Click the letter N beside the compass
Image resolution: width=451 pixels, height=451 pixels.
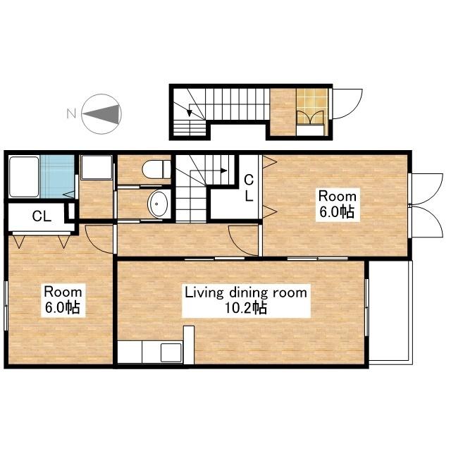(71, 113)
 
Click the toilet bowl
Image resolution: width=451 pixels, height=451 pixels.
(156, 169)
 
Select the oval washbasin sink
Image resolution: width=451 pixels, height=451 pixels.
(158, 204)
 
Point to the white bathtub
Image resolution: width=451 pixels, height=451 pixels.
(24, 177)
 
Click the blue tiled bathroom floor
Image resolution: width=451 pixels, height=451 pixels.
(57, 177)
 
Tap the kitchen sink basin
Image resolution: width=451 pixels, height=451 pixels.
(171, 352)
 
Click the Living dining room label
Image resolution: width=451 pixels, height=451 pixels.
(246, 293)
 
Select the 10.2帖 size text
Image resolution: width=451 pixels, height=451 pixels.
(246, 308)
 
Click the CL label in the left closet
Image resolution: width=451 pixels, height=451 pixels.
(42, 216)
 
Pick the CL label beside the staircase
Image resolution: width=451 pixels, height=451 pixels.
(249, 188)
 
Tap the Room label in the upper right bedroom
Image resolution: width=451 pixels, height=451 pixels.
(338, 197)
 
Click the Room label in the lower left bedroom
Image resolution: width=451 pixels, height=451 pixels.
(63, 292)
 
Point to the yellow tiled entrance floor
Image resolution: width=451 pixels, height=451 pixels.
(312, 106)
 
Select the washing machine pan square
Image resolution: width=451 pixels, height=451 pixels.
(97, 168)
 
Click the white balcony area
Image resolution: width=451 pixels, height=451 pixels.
(390, 312)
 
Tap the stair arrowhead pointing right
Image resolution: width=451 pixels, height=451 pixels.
(224, 171)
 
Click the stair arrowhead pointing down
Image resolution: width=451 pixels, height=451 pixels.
(190, 113)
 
